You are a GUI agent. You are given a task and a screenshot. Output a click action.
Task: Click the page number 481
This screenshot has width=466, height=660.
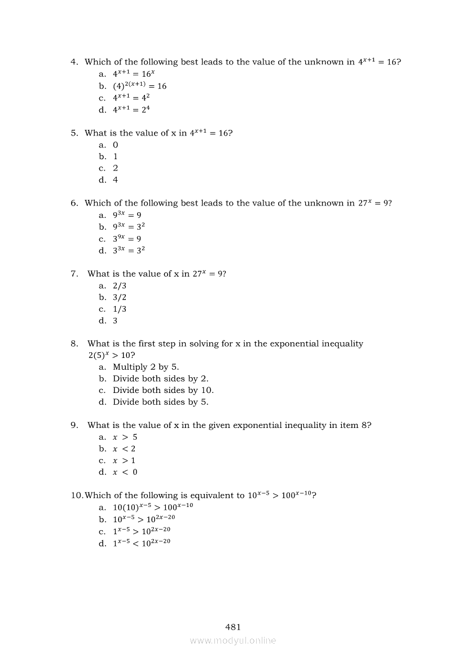233,627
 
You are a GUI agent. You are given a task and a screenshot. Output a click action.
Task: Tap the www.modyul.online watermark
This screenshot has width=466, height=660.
233,640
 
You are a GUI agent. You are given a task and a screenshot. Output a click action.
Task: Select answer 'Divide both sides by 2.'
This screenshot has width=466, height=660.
160,379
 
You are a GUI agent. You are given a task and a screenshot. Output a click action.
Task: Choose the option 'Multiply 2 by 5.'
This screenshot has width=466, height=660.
146,367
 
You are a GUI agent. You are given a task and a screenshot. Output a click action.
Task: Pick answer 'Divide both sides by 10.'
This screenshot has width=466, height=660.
163,390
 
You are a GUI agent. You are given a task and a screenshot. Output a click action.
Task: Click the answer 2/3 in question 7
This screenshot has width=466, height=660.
120,286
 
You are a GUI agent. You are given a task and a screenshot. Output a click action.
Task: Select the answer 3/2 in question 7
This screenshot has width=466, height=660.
120,297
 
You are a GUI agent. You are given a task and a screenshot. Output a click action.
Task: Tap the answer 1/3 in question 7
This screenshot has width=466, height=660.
120,309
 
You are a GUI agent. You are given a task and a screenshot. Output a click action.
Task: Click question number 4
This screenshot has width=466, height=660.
74,62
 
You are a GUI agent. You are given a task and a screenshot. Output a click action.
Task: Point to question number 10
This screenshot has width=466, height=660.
77,496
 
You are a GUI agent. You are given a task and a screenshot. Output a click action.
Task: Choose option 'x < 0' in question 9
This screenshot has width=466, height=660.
125,472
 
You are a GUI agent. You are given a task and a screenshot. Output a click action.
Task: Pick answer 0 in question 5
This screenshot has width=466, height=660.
116,145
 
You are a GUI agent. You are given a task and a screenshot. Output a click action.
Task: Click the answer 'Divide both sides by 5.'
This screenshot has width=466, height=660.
160,402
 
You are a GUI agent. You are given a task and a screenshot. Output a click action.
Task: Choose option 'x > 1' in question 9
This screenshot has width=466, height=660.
124,460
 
